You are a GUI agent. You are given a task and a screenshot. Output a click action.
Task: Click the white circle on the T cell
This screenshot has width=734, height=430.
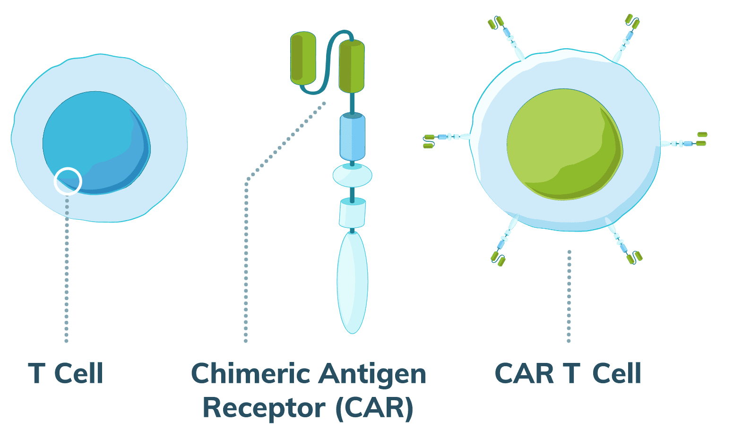pos(68,181)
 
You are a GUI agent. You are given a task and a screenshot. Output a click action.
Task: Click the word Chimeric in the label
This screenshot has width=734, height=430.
pos(250,374)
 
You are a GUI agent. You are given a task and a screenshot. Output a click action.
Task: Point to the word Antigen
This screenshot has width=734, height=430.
pos(372,374)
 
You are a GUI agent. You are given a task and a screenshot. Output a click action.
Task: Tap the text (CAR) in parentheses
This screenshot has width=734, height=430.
pos(374,408)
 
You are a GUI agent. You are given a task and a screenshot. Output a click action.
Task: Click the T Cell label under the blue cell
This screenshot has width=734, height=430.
pos(66,374)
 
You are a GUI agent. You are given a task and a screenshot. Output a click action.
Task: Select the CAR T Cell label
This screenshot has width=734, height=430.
pos(568,374)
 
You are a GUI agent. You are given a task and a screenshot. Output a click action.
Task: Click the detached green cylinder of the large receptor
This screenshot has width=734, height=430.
pos(303,59)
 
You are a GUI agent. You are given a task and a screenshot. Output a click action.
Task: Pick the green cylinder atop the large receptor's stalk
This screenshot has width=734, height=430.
pos(352,66)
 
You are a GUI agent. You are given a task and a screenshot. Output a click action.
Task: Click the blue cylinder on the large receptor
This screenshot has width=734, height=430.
pos(352,137)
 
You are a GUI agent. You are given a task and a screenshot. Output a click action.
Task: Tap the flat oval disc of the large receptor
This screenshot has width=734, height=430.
pos(352,175)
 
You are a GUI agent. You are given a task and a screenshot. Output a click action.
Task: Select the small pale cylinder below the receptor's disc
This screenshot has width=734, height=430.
pos(352,213)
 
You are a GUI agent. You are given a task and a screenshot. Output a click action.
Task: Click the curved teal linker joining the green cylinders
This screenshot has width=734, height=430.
pos(331,52)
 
